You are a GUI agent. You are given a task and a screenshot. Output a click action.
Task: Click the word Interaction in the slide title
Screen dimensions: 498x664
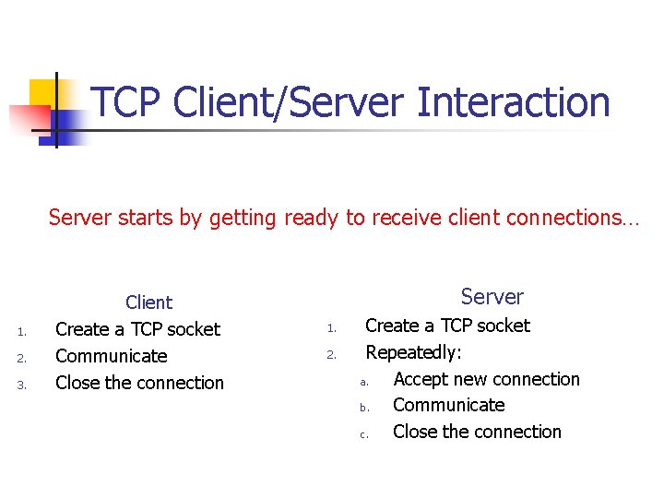513,102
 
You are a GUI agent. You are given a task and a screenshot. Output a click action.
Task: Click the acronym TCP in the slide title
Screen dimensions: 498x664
128,102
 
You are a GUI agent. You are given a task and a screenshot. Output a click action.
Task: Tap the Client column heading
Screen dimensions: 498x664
148,302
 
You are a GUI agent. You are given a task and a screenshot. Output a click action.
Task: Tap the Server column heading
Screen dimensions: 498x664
492,297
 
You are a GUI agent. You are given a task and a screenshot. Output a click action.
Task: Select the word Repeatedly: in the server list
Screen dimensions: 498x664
414,352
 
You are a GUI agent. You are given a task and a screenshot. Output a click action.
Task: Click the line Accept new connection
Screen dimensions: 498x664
486,379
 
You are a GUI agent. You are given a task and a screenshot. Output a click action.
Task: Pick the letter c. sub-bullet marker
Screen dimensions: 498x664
364,434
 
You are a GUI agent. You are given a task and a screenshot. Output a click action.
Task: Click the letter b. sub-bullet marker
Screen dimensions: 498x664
364,408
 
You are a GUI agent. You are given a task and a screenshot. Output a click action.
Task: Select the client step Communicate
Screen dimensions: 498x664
112,356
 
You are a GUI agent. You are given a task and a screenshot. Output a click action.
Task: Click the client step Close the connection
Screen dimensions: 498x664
139,383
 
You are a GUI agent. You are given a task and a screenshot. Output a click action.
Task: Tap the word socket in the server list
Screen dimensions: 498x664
502,326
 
